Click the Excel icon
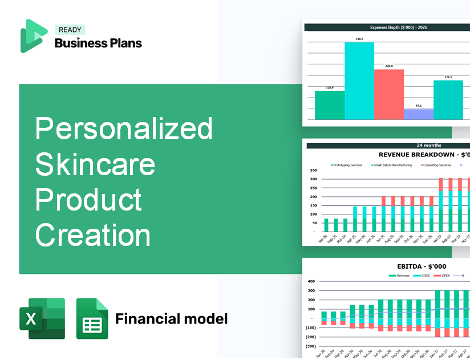point(42,318)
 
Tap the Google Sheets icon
point(92,318)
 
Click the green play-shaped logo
point(34,36)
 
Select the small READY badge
point(70,30)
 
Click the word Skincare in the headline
point(95,164)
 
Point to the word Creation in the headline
point(93,234)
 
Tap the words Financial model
point(171,318)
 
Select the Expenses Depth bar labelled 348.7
point(359,80)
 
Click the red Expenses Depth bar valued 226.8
point(389,94)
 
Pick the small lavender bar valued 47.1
point(418,114)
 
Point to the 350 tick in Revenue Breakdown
point(313,171)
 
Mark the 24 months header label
point(388,145)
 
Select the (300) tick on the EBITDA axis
point(311,346)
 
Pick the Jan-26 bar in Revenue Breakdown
point(326,225)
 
